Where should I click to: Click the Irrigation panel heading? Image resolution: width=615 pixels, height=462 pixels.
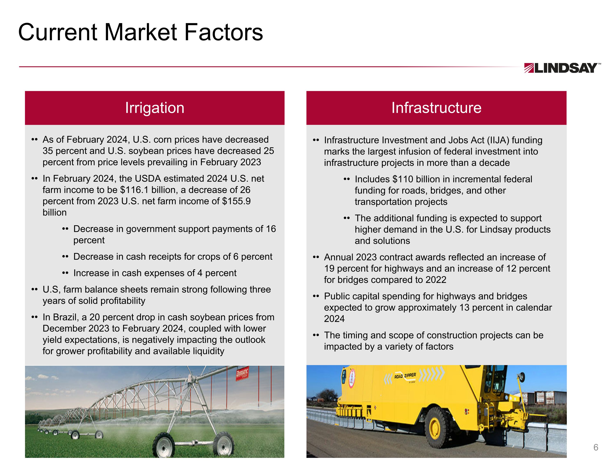pyautogui.click(x=155, y=108)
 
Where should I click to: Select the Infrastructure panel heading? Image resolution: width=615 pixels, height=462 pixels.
pyautogui.click(x=436, y=108)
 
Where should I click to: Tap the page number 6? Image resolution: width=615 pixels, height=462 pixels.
pyautogui.click(x=596, y=447)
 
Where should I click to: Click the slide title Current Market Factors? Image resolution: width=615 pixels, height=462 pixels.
pyautogui.click(x=140, y=32)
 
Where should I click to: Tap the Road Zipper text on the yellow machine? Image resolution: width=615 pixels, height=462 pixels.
pyautogui.click(x=405, y=376)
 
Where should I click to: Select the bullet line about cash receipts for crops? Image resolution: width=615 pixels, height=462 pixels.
pyautogui.click(x=173, y=257)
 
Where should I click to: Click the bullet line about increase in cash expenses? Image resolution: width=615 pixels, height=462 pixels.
pyautogui.click(x=155, y=273)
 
